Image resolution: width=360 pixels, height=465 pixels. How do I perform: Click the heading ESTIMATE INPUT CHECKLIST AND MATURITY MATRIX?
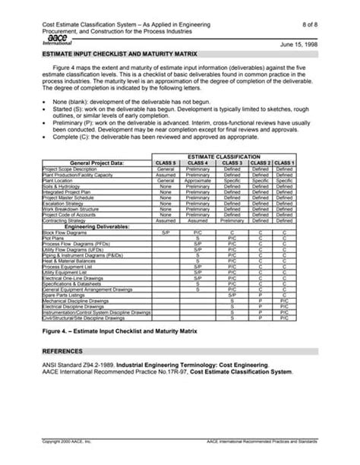click(x=119, y=55)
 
